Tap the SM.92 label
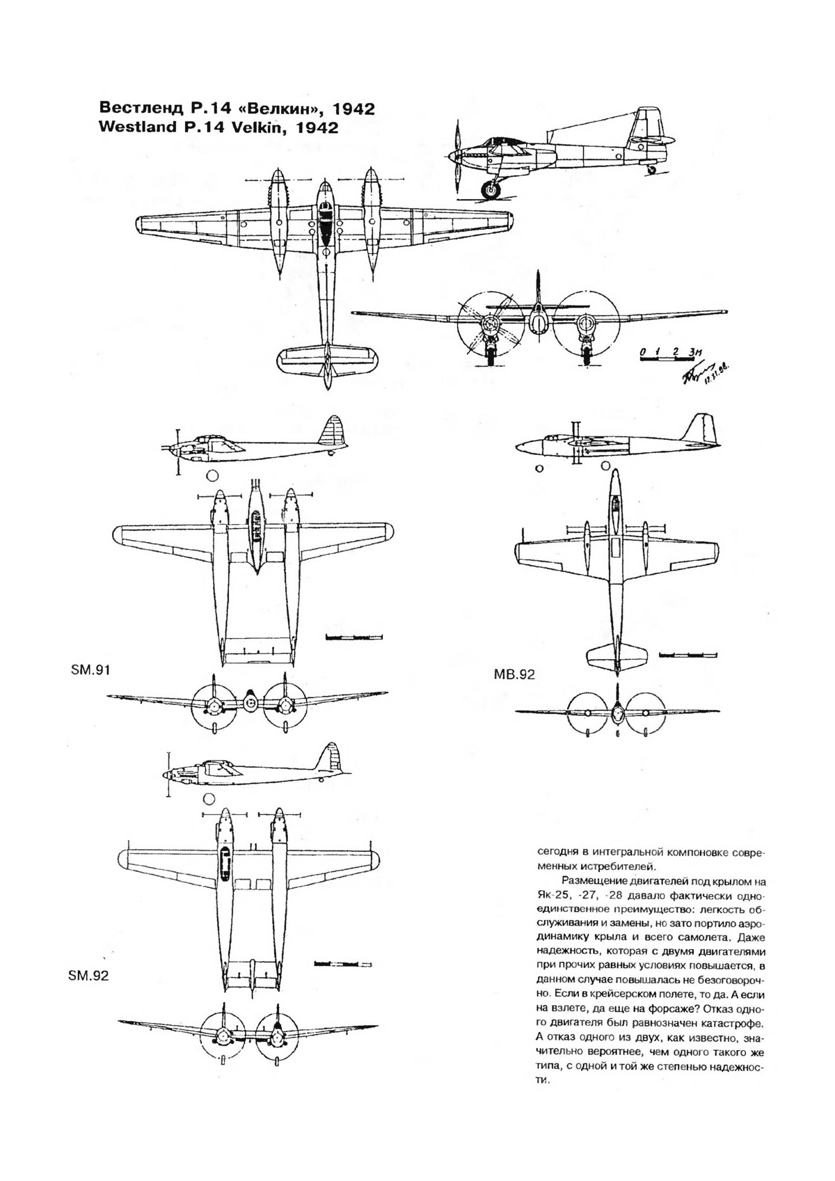click(x=88, y=976)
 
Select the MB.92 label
click(x=514, y=674)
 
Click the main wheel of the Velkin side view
click(x=492, y=189)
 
